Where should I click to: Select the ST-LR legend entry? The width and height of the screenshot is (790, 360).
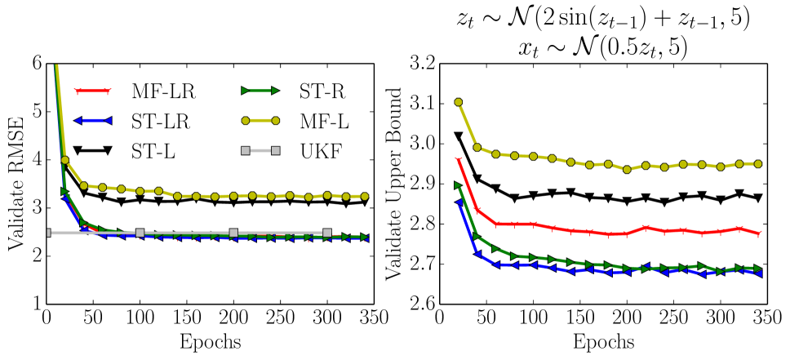coord(135,122)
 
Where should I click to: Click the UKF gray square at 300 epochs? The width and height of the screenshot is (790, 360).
coord(327,233)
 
